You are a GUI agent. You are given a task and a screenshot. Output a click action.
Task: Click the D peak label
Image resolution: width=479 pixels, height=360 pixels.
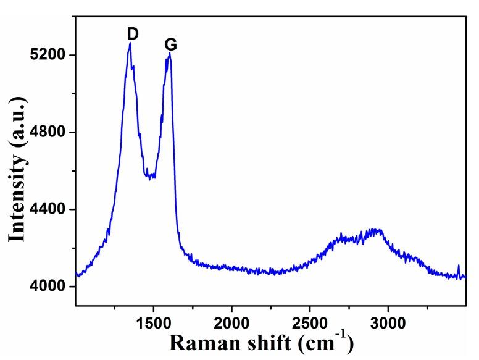point(132,33)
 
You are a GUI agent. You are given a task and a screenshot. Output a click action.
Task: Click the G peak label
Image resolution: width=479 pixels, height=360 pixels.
point(171,44)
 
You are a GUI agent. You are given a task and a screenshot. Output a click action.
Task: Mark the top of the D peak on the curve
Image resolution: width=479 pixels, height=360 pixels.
point(130,43)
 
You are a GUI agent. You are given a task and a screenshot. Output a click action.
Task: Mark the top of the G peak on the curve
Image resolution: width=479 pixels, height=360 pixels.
point(169,54)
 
